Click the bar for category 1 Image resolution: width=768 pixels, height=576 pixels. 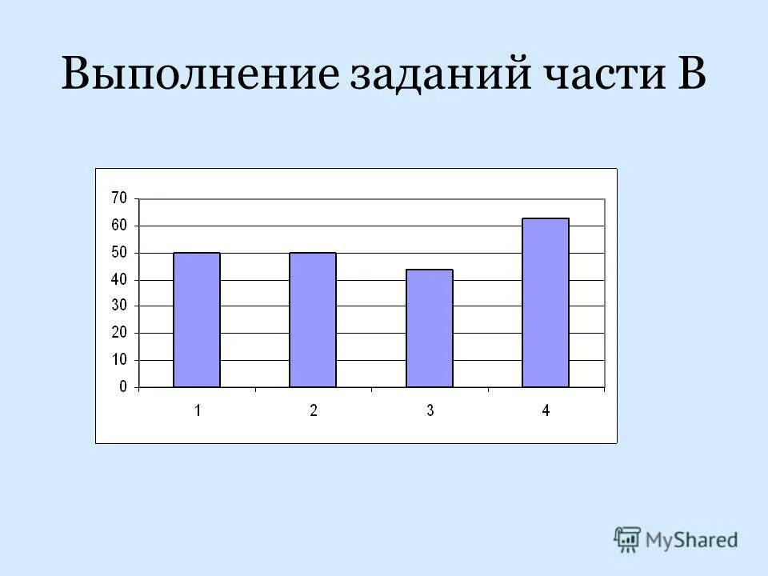coord(197,320)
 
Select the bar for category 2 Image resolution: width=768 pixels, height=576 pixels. coord(313,320)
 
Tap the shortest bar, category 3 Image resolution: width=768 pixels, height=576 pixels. coord(430,328)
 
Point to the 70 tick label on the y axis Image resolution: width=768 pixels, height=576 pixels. coord(119,198)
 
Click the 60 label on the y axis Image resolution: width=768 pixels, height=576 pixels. coord(119,226)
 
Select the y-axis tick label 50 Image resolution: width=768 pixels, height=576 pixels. coord(119,253)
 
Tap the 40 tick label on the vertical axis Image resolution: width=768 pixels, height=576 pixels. coord(119,280)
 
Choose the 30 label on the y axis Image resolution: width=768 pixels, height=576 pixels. coord(119,306)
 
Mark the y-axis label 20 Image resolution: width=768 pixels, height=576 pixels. coord(119,333)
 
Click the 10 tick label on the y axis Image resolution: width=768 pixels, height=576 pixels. coord(119,360)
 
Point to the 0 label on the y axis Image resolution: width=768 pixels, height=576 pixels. coord(123,387)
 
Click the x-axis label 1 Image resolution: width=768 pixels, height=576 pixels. coord(197,410)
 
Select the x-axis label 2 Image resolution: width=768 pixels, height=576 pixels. coord(314,410)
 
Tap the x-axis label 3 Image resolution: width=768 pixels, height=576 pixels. coord(430,410)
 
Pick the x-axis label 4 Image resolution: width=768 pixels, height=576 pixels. coord(546,410)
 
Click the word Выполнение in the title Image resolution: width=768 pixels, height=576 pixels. coord(200,76)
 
